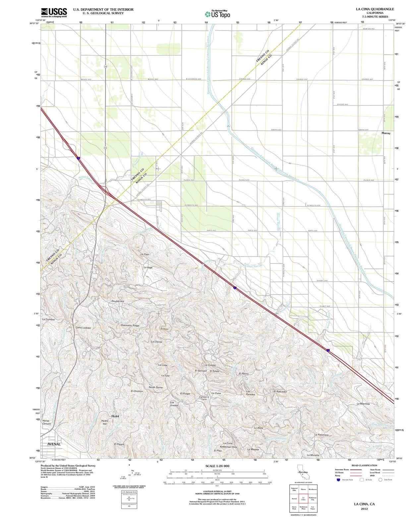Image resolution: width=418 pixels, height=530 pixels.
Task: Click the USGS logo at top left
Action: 54,12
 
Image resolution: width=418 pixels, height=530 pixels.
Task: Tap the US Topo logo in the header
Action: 217,14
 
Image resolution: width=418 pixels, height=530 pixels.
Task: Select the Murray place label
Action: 386,133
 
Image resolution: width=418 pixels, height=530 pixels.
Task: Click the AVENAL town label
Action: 54,444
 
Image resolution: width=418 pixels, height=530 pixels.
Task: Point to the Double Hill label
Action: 118,301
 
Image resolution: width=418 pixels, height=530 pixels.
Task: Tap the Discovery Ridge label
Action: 130,325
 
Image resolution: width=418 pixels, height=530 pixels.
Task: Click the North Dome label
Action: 155,387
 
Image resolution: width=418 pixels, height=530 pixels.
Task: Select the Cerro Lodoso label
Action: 83,328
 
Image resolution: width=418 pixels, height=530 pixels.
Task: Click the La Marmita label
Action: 363,404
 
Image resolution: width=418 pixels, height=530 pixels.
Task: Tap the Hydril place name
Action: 115,416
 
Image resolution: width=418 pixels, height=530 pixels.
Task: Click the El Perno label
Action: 244,373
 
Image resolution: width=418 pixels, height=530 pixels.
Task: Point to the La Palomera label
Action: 321,434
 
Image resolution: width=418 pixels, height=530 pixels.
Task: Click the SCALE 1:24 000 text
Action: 217,466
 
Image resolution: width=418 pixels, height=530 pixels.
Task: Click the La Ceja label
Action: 145,254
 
